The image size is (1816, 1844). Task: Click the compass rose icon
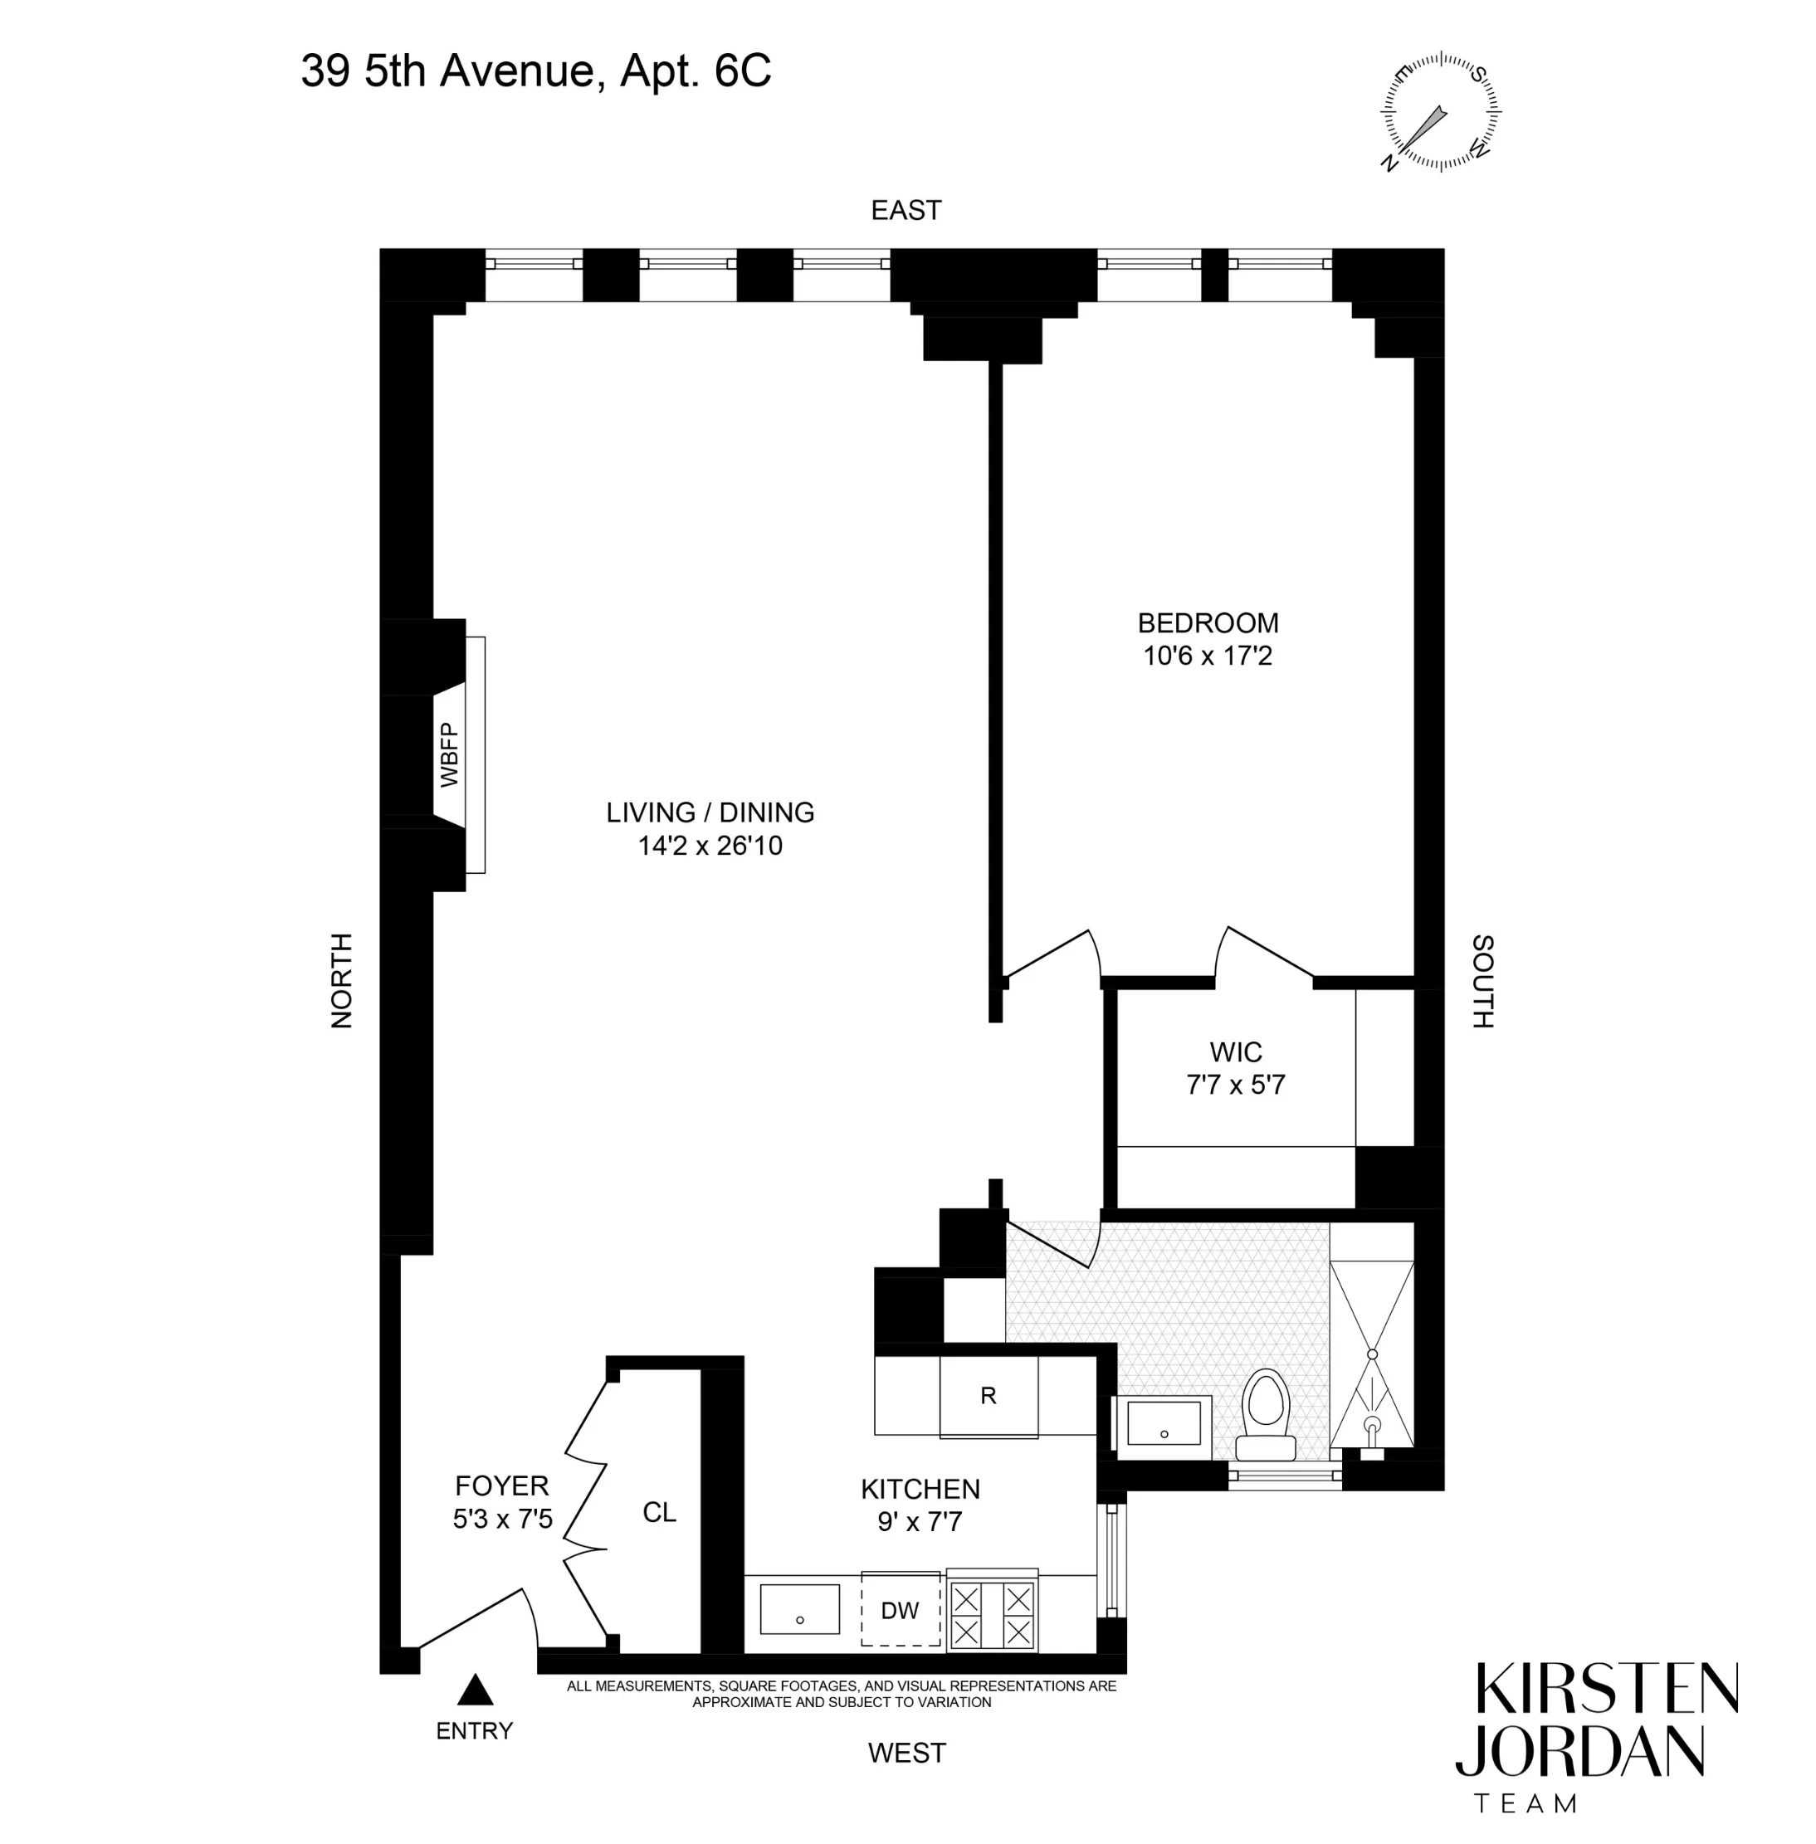[1440, 111]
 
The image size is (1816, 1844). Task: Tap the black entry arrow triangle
[475, 1690]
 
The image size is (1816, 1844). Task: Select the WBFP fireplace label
[449, 755]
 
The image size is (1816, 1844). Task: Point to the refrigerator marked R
[989, 1396]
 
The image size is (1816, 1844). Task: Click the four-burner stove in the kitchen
[992, 1615]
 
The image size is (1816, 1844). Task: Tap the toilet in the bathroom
[1266, 1416]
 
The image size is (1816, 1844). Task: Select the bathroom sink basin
[1163, 1422]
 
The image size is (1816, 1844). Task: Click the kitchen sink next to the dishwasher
[799, 1609]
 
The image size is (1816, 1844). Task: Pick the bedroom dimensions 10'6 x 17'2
[1208, 656]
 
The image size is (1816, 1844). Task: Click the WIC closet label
[1236, 1052]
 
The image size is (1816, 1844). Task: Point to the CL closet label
[659, 1512]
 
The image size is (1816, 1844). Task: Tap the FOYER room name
[501, 1485]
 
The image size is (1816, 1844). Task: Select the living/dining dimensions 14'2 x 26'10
[710, 846]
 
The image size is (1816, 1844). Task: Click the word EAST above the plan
[906, 210]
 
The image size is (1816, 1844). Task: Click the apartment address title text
[536, 71]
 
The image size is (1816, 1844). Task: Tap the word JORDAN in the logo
[1580, 1750]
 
